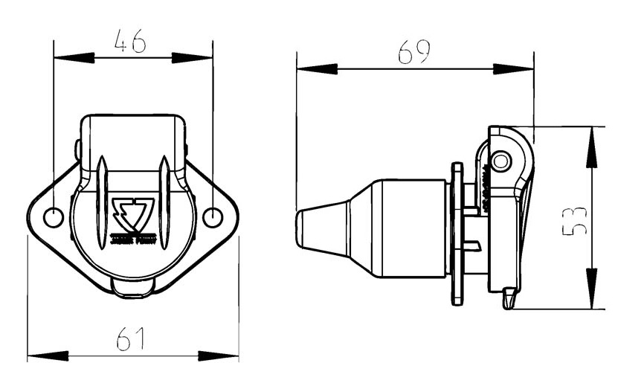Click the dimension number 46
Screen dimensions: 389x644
click(x=129, y=42)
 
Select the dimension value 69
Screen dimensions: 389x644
click(x=413, y=53)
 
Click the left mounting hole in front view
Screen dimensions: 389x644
click(x=54, y=218)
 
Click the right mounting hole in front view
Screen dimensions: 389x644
click(x=212, y=217)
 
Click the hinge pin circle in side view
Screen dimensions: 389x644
click(x=502, y=161)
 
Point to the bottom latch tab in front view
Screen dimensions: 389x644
click(x=133, y=289)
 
